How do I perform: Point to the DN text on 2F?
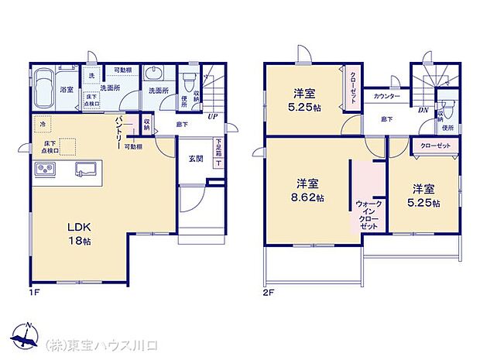point(423,110)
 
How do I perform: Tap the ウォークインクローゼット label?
point(368,212)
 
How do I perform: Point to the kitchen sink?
point(86,169)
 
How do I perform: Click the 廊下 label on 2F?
point(387,119)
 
